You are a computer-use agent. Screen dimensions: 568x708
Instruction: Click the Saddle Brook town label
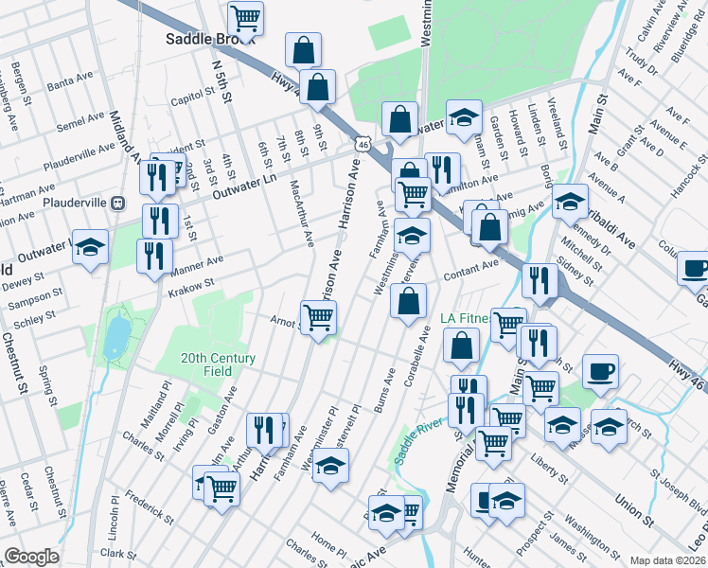[197, 39]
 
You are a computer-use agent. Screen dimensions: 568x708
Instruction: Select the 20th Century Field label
[219, 364]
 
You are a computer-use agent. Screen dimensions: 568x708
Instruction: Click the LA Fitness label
[465, 319]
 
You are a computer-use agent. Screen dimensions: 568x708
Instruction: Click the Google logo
[31, 557]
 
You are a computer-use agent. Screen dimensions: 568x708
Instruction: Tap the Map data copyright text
[668, 560]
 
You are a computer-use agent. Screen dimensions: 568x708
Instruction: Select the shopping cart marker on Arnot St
[318, 318]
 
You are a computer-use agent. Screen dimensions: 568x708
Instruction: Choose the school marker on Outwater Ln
[90, 247]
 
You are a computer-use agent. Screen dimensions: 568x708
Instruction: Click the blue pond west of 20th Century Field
[115, 334]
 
